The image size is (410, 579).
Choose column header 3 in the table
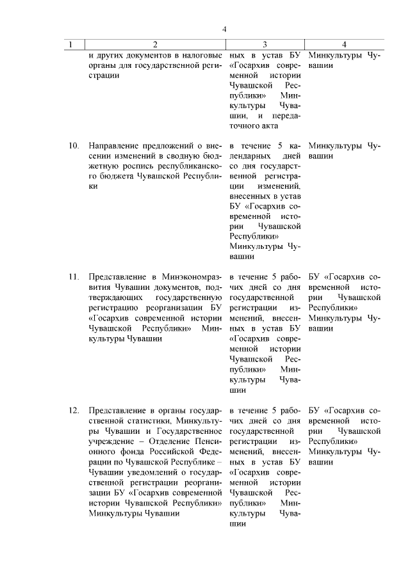pos(265,44)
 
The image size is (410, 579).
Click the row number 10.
pos(74,145)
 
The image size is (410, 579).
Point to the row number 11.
pos(74,277)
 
